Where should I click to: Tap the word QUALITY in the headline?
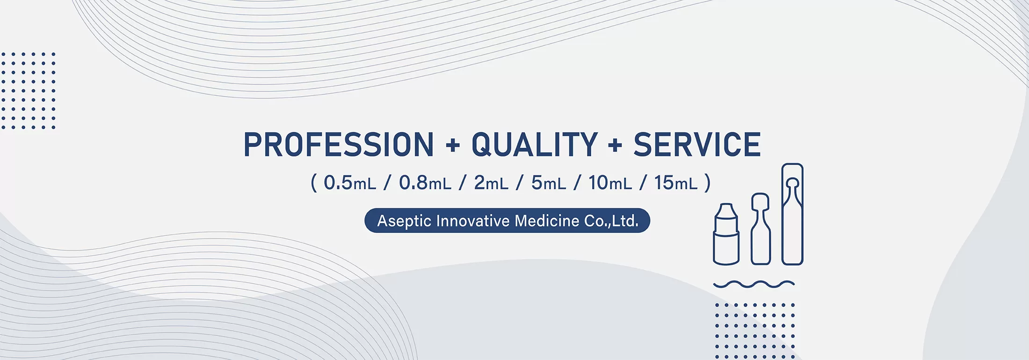tap(535, 144)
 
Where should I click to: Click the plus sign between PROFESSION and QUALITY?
tap(453, 145)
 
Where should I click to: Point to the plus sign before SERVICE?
tap(616, 145)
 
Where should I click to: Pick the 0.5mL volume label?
tap(350, 183)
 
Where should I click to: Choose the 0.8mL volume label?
tap(425, 183)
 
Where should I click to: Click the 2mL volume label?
tap(491, 183)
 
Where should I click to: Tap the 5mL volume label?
tap(549, 183)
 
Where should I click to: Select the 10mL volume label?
tap(610, 183)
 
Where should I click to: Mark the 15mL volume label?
tap(676, 183)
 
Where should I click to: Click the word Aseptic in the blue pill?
tap(404, 221)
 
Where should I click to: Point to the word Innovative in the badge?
tap(472, 221)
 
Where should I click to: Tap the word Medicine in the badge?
tap(547, 221)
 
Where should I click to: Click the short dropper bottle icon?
tap(726, 234)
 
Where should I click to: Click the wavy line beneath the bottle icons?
tap(754, 284)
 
